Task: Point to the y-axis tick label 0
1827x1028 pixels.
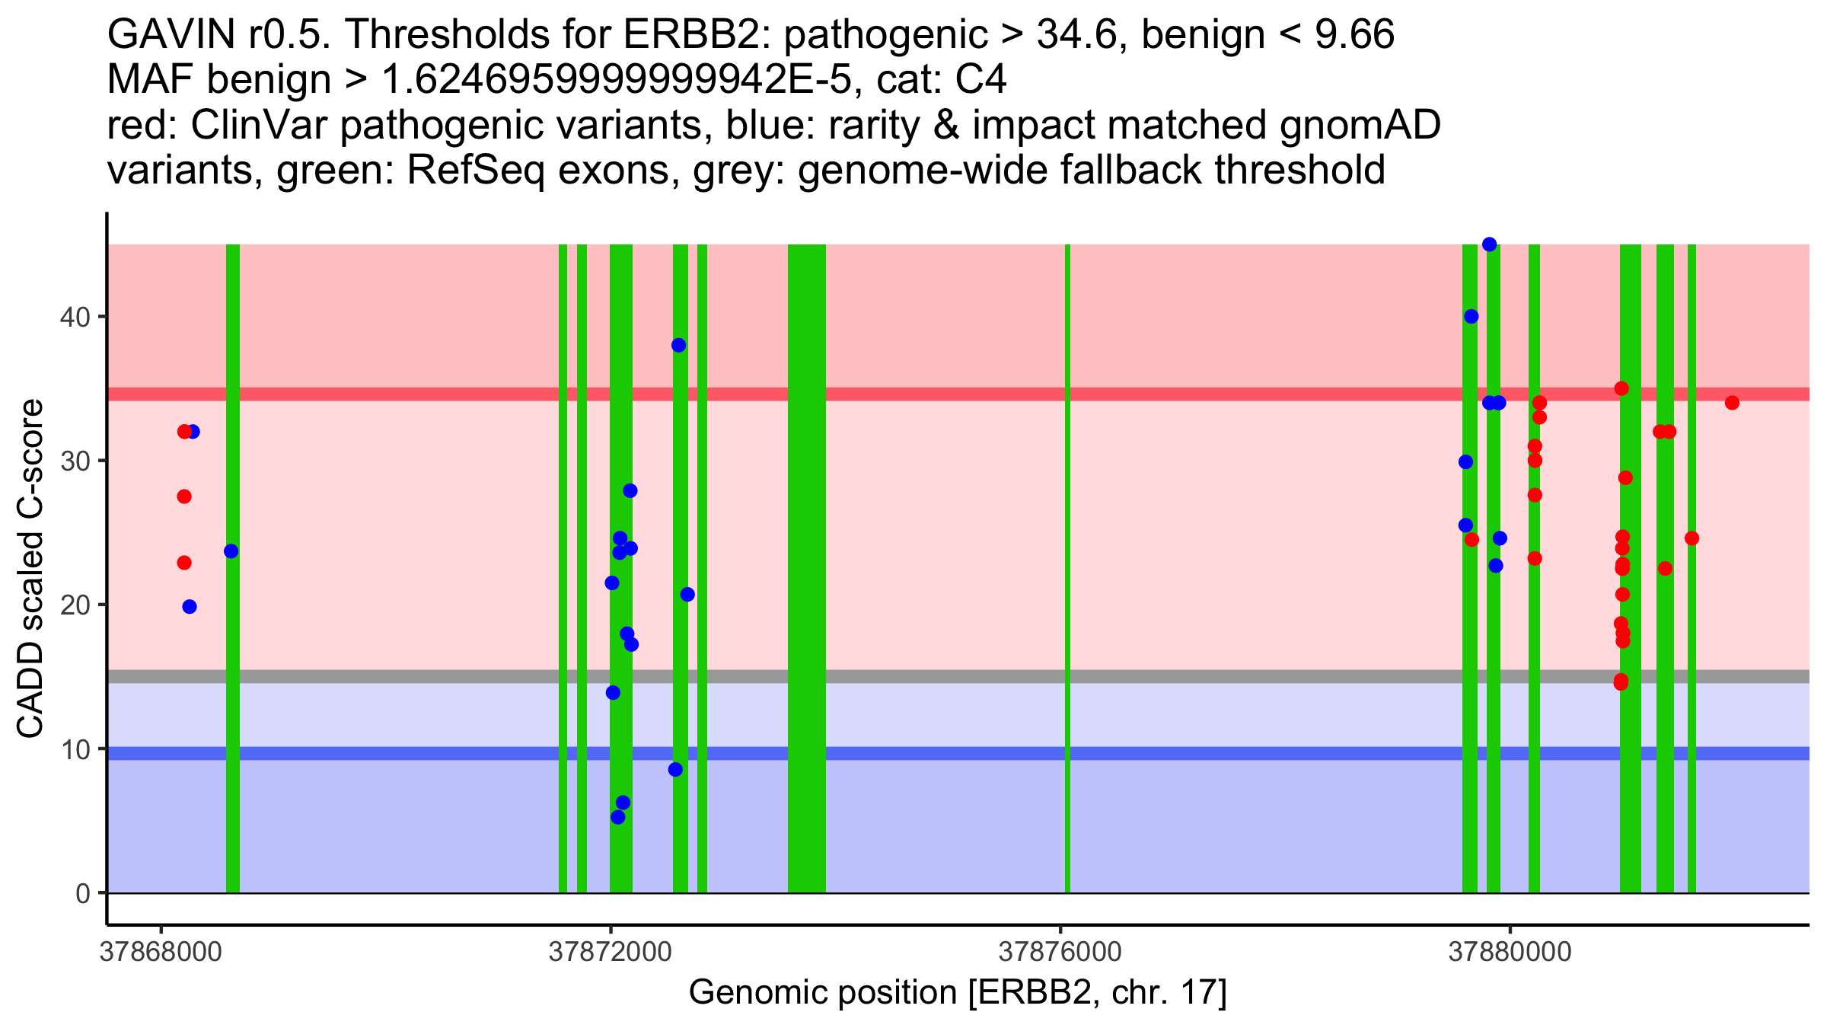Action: tap(82, 893)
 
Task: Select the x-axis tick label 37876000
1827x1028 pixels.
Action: tap(1060, 953)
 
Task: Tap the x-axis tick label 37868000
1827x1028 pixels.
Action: tap(161, 953)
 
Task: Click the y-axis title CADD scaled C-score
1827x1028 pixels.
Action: tap(30, 569)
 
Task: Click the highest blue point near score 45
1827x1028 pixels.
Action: tap(1490, 244)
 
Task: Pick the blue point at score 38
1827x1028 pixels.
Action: tap(679, 346)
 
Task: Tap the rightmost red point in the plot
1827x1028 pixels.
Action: tap(1733, 403)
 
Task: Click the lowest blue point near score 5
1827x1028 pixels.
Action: tap(618, 817)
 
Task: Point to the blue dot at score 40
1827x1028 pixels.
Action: tap(1471, 317)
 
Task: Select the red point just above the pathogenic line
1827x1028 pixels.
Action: tap(1621, 388)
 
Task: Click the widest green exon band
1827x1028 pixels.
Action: tap(807, 568)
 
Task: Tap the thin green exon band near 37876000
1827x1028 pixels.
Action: tap(1067, 568)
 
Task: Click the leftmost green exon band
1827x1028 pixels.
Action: tap(233, 568)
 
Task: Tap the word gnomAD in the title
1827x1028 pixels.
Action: tap(1360, 126)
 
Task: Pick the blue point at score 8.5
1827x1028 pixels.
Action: tap(675, 770)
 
